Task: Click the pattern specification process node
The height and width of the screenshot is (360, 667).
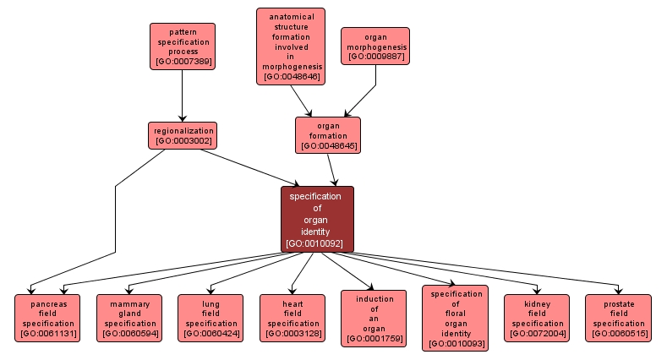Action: tap(182, 46)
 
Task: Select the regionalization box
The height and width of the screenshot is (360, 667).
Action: tap(183, 135)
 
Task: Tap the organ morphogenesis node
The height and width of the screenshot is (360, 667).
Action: tap(375, 46)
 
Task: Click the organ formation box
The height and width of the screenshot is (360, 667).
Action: tap(327, 135)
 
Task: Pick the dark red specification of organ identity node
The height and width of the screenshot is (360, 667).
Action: tap(317, 219)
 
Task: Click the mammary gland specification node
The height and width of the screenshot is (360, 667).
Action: tap(129, 318)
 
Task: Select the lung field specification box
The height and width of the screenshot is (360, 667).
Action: tap(211, 318)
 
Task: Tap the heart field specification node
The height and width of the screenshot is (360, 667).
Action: tap(292, 318)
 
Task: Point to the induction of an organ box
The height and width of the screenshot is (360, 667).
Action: tap(373, 318)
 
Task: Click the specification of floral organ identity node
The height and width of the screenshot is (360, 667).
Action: tap(455, 318)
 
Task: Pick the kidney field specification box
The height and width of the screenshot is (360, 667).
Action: tap(537, 318)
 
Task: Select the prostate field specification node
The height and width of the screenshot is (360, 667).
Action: tap(619, 318)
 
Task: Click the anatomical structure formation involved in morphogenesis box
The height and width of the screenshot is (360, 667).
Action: tap(291, 46)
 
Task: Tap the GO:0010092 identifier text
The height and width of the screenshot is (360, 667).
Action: tap(317, 243)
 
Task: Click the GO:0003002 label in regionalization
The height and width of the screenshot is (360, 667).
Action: tap(183, 140)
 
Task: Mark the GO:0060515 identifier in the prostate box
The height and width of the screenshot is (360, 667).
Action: tap(619, 335)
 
